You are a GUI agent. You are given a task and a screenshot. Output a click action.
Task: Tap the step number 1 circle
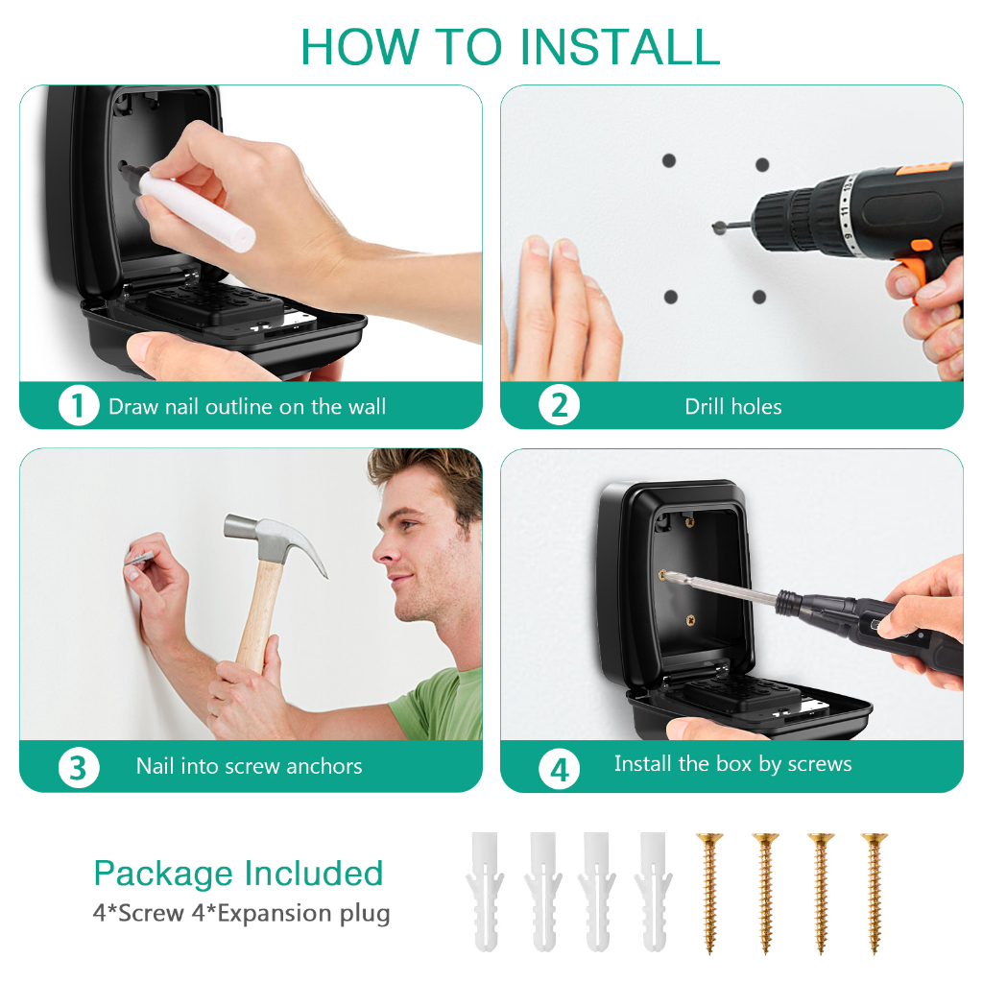tap(79, 406)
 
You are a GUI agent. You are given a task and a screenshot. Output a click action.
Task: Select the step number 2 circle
tap(560, 406)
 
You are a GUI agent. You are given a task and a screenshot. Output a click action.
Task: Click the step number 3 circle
tap(79, 767)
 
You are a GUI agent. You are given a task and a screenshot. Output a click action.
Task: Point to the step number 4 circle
tap(560, 769)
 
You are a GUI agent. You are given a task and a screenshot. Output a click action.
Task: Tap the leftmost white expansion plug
tap(485, 891)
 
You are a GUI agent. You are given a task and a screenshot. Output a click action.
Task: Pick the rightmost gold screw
tap(875, 894)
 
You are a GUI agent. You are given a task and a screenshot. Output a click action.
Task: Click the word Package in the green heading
tap(163, 875)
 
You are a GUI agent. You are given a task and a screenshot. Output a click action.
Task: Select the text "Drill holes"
tap(732, 407)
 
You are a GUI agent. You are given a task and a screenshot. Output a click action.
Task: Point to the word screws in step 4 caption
tap(820, 763)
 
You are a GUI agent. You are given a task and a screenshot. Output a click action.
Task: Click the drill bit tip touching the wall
tap(717, 227)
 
